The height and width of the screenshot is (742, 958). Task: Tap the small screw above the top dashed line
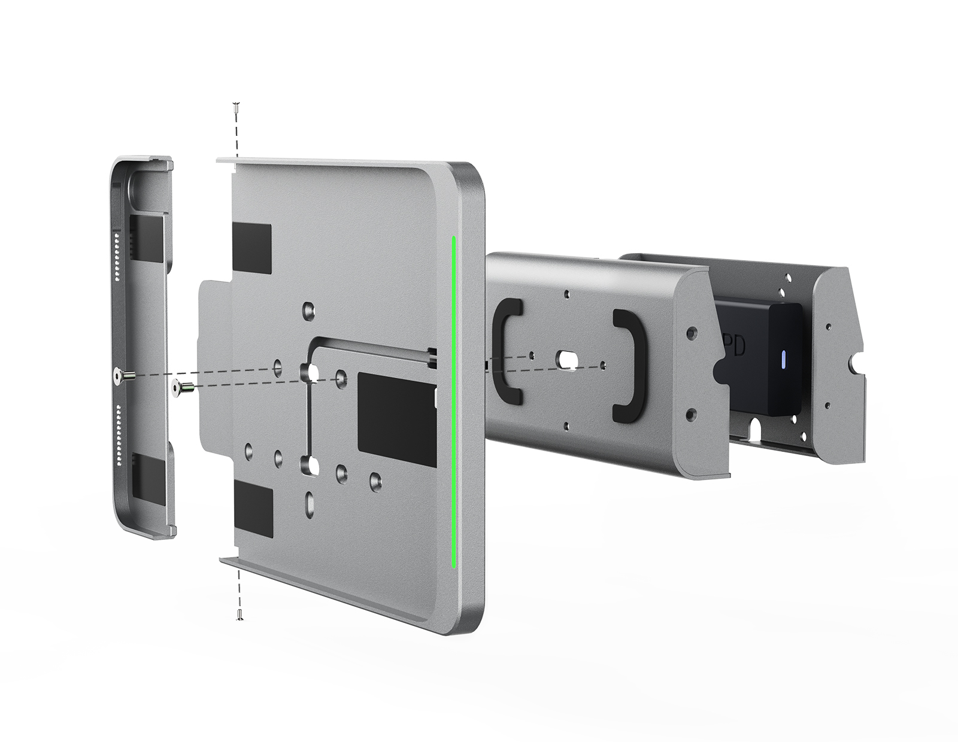[236, 107]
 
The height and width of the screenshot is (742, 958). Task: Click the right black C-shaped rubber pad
[626, 365]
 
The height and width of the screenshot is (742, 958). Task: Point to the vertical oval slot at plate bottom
[309, 504]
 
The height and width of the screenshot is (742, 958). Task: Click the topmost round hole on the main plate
[309, 311]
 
